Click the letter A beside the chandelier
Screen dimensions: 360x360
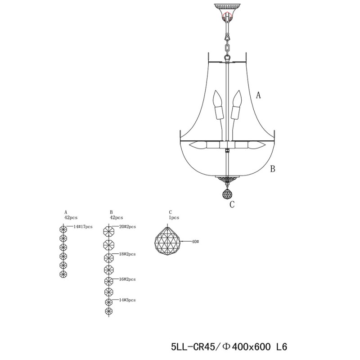(x=258, y=95)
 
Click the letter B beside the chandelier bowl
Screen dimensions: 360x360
(x=272, y=169)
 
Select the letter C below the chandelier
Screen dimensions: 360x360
(x=232, y=205)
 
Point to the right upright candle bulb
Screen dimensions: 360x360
(x=237, y=106)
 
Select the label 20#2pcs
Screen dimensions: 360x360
(x=127, y=226)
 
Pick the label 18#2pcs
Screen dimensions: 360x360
(x=127, y=254)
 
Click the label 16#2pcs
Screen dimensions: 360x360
(x=127, y=279)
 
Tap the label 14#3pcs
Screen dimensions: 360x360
(x=127, y=299)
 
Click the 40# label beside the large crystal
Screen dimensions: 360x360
(x=195, y=242)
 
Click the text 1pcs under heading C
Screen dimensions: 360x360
(x=174, y=217)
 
